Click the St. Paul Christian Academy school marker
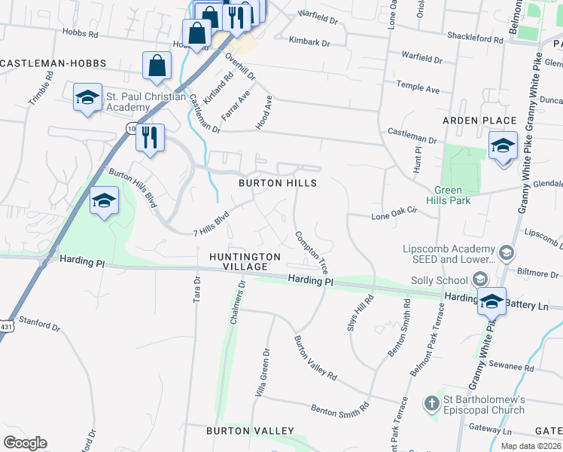tap(87, 99)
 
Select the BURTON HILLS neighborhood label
tap(278, 183)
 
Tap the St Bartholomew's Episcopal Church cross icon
tap(432, 403)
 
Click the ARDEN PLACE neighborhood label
tap(479, 121)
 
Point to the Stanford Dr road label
tap(40, 324)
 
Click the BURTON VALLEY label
tap(251, 431)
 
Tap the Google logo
tap(25, 443)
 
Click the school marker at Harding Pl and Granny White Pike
tap(491, 301)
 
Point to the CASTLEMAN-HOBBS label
tap(53, 63)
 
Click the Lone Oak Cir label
tap(394, 217)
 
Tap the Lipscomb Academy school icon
tap(507, 253)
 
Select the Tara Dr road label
tap(197, 289)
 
